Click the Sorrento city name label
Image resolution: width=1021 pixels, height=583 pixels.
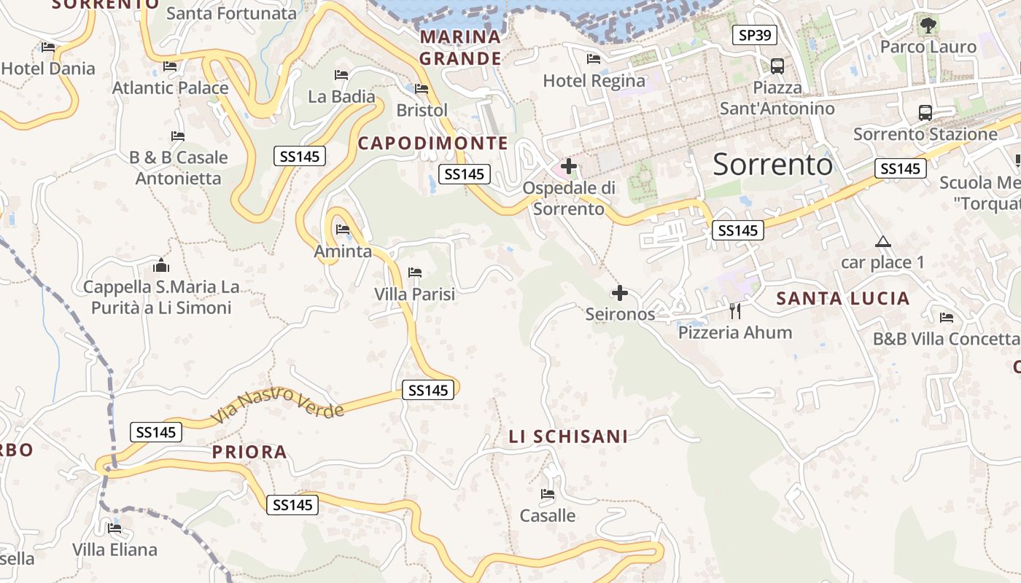(x=772, y=165)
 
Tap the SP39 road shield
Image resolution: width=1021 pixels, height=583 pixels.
(x=755, y=34)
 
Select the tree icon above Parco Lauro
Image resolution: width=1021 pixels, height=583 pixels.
(x=928, y=26)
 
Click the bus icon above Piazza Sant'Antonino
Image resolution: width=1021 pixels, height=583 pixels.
(x=777, y=66)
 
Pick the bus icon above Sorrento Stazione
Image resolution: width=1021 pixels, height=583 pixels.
(x=925, y=113)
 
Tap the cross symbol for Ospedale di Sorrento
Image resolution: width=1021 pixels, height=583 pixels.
(x=568, y=167)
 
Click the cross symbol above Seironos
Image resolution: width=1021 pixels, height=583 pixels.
(x=619, y=293)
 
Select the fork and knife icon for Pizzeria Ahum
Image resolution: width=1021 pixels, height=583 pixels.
(x=735, y=311)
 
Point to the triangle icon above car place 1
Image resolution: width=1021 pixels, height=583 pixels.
(x=882, y=241)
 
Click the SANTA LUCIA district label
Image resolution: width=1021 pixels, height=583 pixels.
(x=842, y=298)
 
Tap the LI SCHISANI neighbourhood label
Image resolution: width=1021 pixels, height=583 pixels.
(x=568, y=437)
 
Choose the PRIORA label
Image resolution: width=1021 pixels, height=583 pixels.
(x=249, y=453)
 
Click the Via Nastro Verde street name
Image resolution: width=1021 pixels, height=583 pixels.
(x=278, y=405)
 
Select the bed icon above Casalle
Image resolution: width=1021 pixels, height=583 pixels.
(x=548, y=495)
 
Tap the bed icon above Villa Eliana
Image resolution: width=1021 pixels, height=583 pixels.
(x=114, y=528)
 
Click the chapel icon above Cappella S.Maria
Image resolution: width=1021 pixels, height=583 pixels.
(x=161, y=265)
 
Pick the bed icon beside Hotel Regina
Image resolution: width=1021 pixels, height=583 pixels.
(x=594, y=59)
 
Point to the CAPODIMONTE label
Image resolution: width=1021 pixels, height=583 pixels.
(x=432, y=143)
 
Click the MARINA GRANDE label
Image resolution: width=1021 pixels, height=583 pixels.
(x=460, y=47)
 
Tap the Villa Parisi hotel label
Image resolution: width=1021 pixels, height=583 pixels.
(x=414, y=294)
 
